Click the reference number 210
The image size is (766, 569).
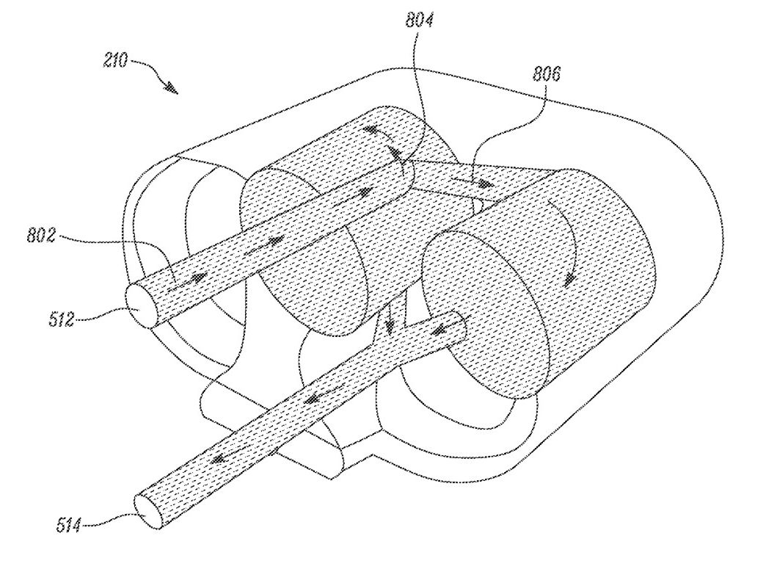pos(114,61)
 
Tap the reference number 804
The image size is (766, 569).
pos(419,20)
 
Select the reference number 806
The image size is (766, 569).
pos(546,74)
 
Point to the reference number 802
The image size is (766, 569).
pos(41,236)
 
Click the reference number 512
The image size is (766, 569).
pos(62,319)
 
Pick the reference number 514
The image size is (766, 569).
pos(68,526)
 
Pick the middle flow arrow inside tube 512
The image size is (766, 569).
pos(264,244)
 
